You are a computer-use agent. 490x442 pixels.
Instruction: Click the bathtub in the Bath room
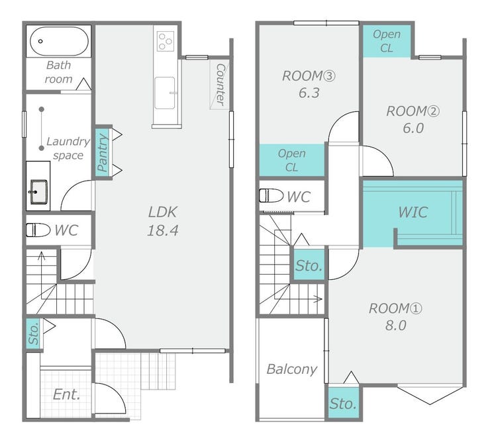59,41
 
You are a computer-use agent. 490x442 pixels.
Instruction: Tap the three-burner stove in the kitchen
166,41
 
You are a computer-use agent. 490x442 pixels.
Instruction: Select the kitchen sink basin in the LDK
165,93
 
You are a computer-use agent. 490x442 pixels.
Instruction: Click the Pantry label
103,153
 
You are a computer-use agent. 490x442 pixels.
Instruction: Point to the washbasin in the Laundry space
39,192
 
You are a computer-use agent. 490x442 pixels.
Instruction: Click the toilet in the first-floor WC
38,230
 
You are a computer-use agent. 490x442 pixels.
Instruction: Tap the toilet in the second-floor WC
271,196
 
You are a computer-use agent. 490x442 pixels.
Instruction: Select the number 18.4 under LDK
163,230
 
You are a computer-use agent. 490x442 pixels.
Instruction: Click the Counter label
220,84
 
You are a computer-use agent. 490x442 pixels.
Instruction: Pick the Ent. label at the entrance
67,394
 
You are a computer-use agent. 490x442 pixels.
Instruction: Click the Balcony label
292,369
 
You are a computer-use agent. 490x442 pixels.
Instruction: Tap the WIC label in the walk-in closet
413,212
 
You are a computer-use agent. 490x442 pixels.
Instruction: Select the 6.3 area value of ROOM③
309,93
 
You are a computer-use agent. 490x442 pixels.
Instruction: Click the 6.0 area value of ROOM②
413,128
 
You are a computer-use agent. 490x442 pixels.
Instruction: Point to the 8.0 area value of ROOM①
395,326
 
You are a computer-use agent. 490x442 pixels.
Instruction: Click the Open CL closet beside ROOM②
387,41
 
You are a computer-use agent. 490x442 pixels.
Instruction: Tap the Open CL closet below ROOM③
291,160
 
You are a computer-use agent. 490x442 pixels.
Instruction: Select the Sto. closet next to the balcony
343,403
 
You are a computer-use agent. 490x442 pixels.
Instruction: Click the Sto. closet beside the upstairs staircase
309,265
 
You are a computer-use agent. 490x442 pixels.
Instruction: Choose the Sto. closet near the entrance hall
33,334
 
